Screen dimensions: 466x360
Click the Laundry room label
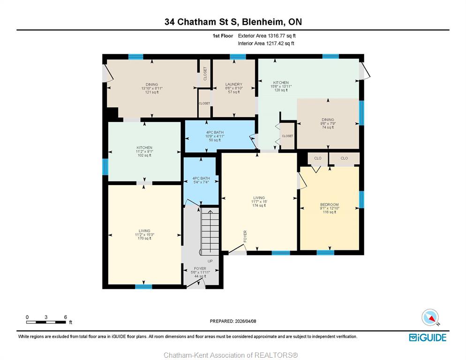pyautogui.click(x=234, y=88)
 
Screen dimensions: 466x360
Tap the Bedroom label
pyautogui.click(x=329, y=208)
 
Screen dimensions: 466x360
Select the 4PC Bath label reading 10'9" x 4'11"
pyautogui.click(x=215, y=136)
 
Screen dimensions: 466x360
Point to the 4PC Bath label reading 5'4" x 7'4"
pyautogui.click(x=201, y=180)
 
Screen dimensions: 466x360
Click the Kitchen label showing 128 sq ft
pyautogui.click(x=281, y=86)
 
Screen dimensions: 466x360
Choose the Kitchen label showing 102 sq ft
pyautogui.click(x=144, y=151)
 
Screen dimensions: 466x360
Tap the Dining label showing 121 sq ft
pyautogui.click(x=152, y=88)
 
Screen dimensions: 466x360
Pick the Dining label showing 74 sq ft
pyautogui.click(x=328, y=123)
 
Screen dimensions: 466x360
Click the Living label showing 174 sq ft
pyautogui.click(x=259, y=202)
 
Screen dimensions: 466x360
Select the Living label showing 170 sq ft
pyautogui.click(x=144, y=234)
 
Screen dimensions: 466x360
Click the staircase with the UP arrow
pyautogui.click(x=210, y=231)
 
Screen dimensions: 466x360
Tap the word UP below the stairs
pyautogui.click(x=210, y=261)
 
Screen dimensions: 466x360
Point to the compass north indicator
pyautogui.click(x=430, y=317)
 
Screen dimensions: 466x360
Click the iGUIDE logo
pyautogui.click(x=428, y=337)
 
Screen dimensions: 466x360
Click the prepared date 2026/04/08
pyautogui.click(x=233, y=321)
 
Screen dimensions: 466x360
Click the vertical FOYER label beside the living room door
pyautogui.click(x=245, y=236)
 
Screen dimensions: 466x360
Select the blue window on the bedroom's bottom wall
pyautogui.click(x=325, y=253)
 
